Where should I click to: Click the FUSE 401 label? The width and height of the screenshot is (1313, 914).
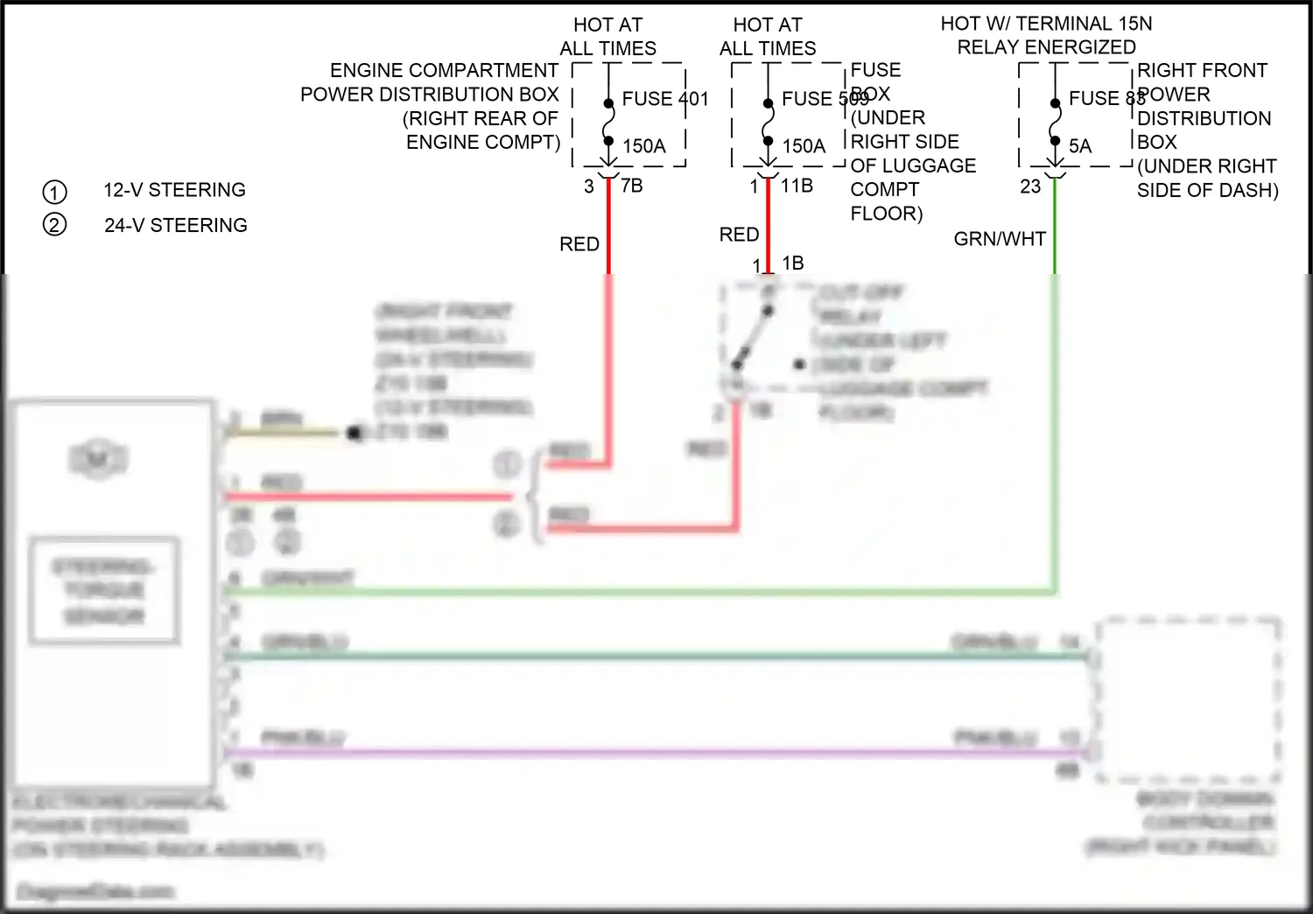tap(664, 99)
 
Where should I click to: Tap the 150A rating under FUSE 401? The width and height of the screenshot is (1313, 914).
tap(644, 146)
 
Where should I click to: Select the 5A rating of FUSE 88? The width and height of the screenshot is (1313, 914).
tap(1080, 146)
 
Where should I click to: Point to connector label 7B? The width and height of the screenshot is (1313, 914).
tap(631, 186)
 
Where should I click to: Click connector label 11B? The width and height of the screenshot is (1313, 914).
tap(797, 186)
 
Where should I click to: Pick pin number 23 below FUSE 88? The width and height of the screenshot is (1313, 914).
tap(1030, 186)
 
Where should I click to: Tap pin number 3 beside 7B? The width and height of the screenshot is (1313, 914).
tap(589, 186)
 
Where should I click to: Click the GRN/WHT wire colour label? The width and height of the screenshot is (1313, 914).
tap(1000, 238)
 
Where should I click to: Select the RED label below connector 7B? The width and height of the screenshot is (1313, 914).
tap(579, 244)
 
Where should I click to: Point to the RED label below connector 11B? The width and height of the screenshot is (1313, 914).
tap(739, 235)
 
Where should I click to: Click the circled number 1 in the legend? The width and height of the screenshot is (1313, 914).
tap(54, 192)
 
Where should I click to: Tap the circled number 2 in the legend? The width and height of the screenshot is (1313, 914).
tap(54, 225)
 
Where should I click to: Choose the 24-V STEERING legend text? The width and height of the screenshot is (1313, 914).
tap(175, 225)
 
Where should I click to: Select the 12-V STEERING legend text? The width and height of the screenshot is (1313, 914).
tap(174, 190)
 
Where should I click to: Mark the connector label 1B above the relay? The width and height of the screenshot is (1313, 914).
tap(792, 263)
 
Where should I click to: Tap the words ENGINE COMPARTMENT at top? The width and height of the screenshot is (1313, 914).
tap(444, 70)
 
